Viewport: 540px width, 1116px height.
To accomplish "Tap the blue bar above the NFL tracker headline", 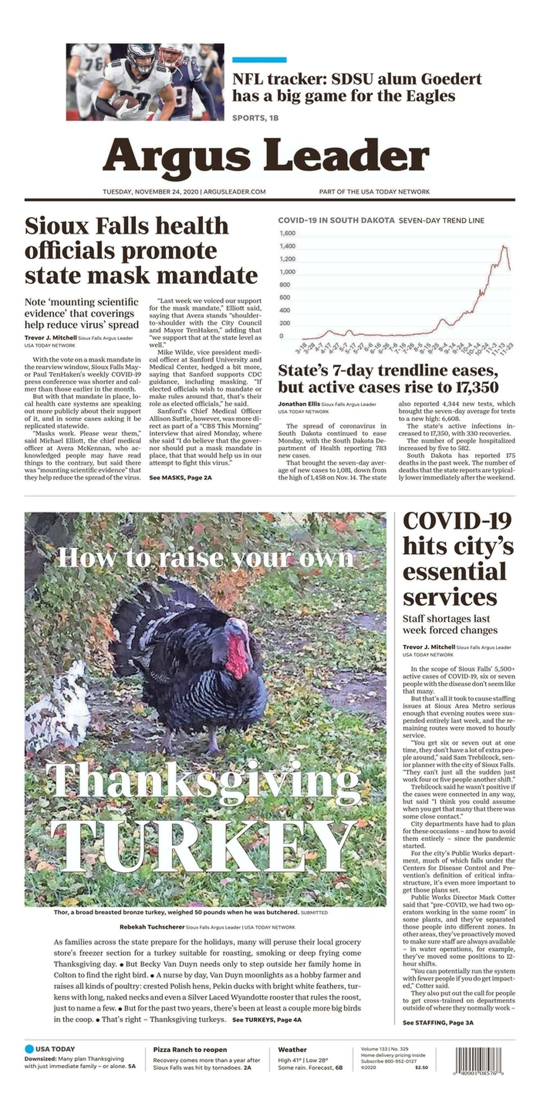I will tap(259, 60).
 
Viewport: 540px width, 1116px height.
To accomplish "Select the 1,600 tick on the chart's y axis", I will tap(287, 233).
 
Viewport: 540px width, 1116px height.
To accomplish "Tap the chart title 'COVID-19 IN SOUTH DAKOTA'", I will tap(336, 221).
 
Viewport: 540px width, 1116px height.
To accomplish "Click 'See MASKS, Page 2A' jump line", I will tap(180, 478).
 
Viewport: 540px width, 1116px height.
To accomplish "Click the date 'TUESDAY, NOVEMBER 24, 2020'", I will tap(152, 192).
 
